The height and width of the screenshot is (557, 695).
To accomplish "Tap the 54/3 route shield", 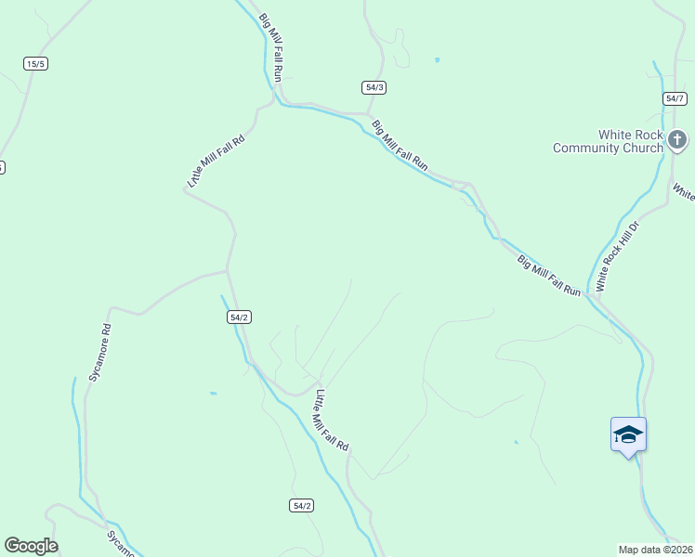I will point(374,87).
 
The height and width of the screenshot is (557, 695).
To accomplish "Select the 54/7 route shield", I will point(675,98).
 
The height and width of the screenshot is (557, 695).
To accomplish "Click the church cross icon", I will point(678,141).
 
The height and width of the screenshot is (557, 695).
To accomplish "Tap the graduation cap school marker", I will point(628,434).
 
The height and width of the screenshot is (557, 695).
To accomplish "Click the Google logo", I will point(31,546).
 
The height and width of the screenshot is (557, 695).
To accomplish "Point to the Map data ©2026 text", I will point(655,549).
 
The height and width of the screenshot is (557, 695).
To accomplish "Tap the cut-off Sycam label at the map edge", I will point(121,544).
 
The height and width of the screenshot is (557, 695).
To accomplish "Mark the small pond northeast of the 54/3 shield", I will point(437,60).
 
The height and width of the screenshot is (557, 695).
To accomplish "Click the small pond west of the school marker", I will point(516,442).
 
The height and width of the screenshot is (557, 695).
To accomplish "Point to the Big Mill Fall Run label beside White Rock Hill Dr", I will point(548,276).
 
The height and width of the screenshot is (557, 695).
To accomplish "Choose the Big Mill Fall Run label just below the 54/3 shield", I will point(400,146).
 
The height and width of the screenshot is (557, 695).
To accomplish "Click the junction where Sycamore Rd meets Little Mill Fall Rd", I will point(228,271).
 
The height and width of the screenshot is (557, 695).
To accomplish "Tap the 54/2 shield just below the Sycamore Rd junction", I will point(238,317).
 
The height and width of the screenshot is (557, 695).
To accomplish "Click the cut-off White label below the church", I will point(684,192).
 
